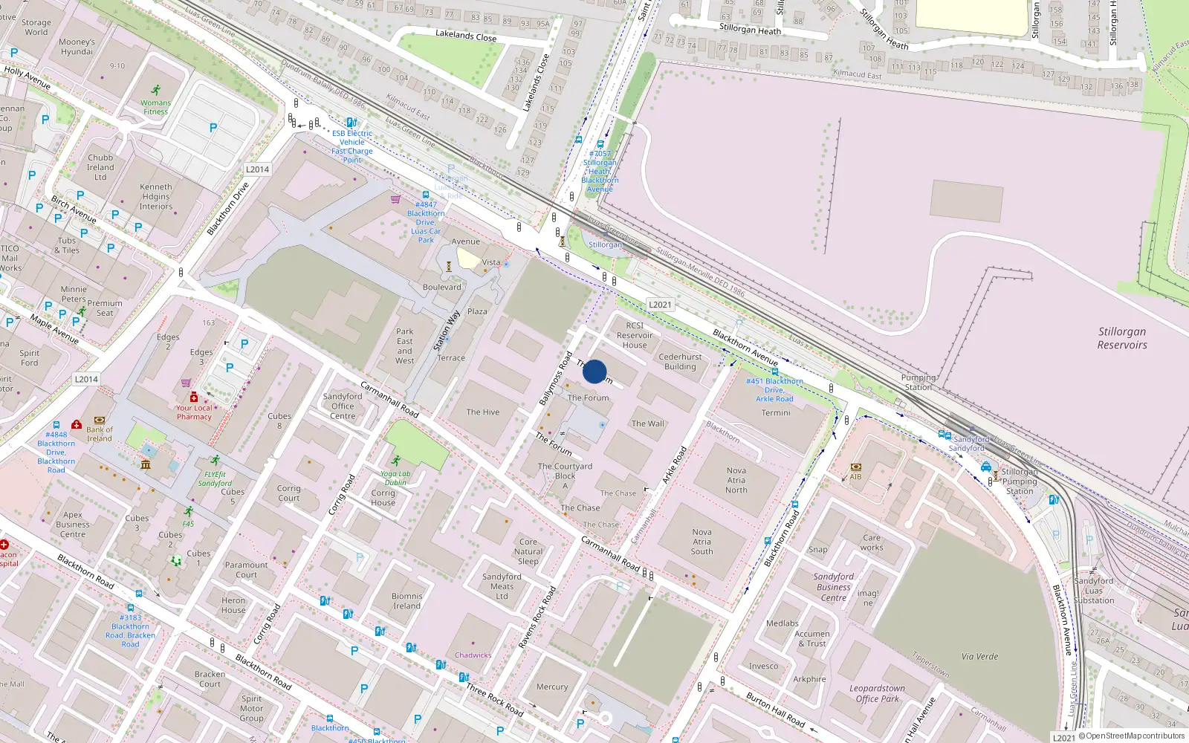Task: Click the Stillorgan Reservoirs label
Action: pyautogui.click(x=1121, y=338)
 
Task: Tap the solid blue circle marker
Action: pyautogui.click(x=594, y=371)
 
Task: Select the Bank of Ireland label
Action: pyautogui.click(x=100, y=434)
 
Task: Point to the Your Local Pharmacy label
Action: pyautogui.click(x=194, y=412)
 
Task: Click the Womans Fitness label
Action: pyautogui.click(x=155, y=107)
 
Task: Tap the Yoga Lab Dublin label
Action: pyautogui.click(x=395, y=478)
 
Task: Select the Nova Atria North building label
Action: pyautogui.click(x=736, y=480)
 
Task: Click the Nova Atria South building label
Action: pyautogui.click(x=702, y=542)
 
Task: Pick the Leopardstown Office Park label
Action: pyautogui.click(x=877, y=693)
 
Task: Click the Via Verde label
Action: pyautogui.click(x=979, y=656)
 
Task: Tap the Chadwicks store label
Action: pyautogui.click(x=473, y=655)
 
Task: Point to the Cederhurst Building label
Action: pyautogui.click(x=680, y=362)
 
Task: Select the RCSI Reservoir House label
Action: pyautogui.click(x=635, y=335)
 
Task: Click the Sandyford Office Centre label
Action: pyautogui.click(x=343, y=406)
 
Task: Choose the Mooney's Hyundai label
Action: pyautogui.click(x=77, y=47)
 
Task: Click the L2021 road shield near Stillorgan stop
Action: pyautogui.click(x=660, y=305)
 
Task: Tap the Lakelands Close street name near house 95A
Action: pyautogui.click(x=466, y=35)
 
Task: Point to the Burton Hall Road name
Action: pyautogui.click(x=776, y=709)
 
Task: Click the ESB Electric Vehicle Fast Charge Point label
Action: pyautogui.click(x=352, y=146)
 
